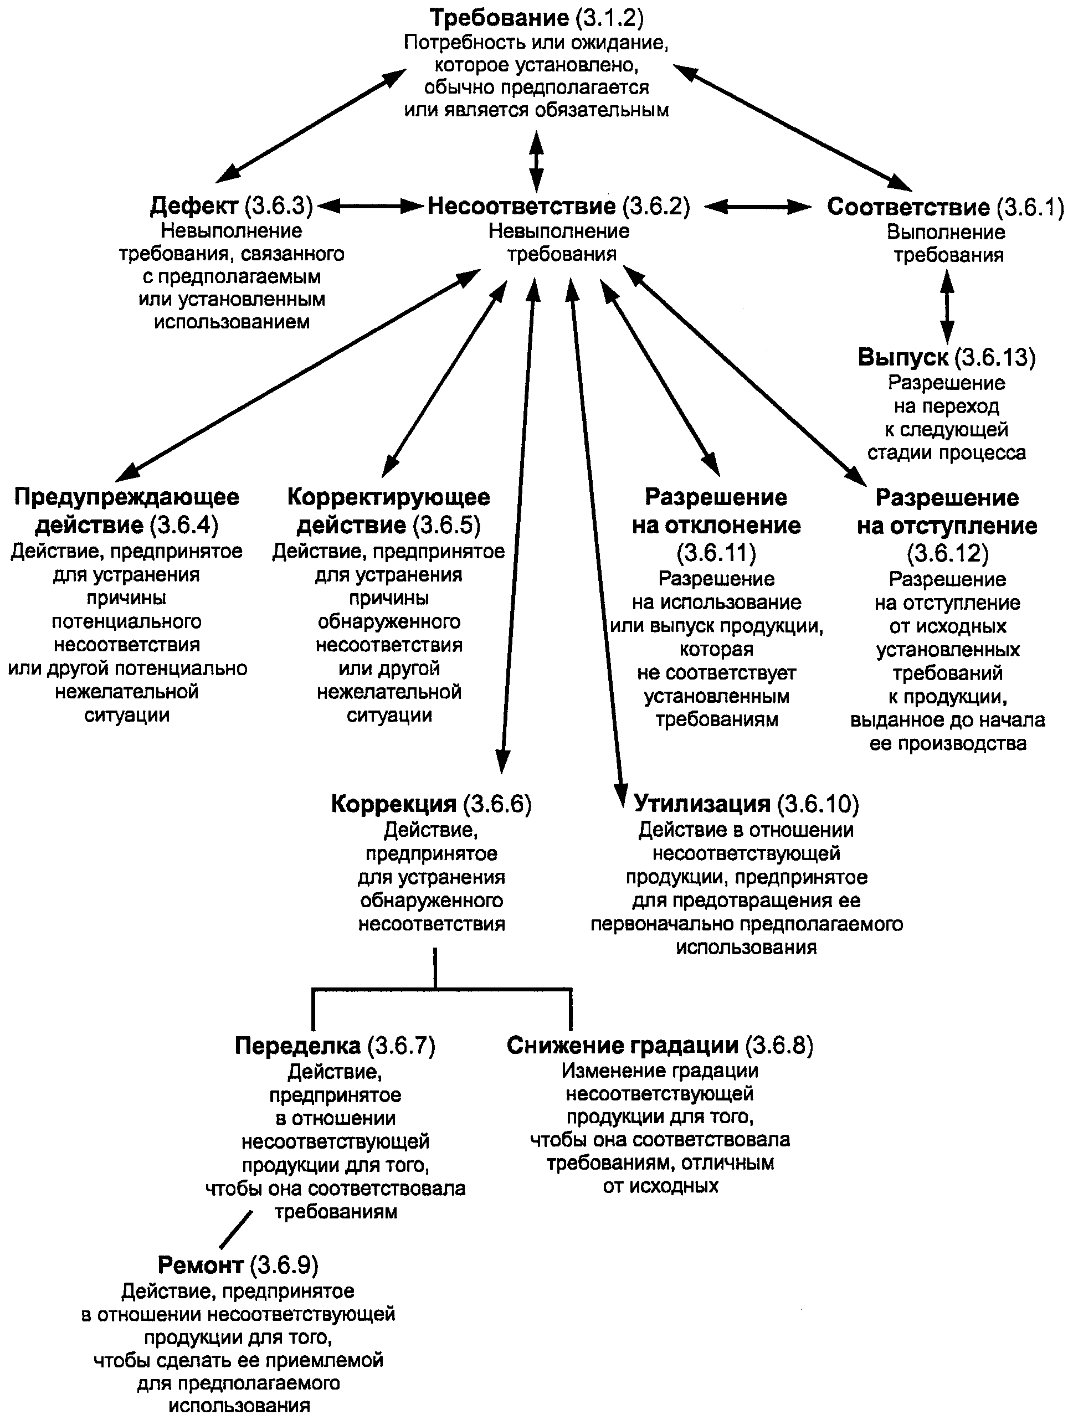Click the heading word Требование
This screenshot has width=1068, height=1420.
(499, 17)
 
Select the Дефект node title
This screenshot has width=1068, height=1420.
(194, 206)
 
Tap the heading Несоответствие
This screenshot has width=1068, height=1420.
(521, 206)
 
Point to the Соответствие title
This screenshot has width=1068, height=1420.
(908, 207)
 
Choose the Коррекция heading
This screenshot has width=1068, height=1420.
(393, 804)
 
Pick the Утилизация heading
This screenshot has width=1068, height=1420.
(701, 804)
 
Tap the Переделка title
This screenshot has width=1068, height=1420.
(297, 1046)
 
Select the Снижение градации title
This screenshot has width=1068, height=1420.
(622, 1046)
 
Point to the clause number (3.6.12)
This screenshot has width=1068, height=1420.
(947, 553)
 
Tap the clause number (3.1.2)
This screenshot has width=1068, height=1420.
(609, 17)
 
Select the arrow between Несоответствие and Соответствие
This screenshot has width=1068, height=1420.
(758, 207)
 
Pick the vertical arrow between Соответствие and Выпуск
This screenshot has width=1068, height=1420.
(947, 307)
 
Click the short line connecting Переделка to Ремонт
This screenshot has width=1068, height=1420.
(235, 1229)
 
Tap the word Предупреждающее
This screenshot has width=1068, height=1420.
(126, 497)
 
